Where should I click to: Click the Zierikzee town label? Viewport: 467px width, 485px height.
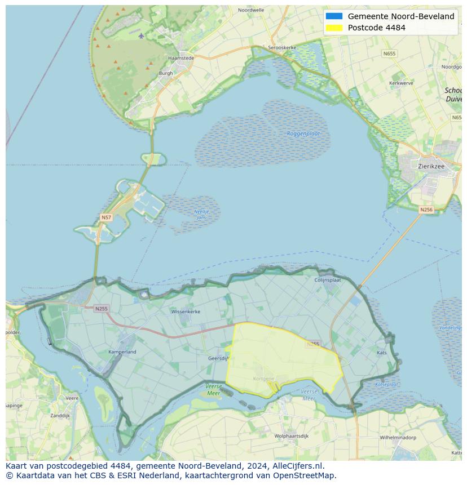pyautogui.click(x=431, y=166)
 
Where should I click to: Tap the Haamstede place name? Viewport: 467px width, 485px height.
pyautogui.click(x=181, y=58)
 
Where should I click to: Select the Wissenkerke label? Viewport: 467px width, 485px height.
pyautogui.click(x=186, y=311)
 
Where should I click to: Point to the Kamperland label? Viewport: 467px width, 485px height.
pyautogui.click(x=122, y=352)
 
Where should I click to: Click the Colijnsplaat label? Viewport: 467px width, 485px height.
pyautogui.click(x=328, y=279)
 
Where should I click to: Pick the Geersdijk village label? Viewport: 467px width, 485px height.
pyautogui.click(x=218, y=358)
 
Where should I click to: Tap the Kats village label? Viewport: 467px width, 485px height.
pyautogui.click(x=382, y=353)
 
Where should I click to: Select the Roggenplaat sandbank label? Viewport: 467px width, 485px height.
pyautogui.click(x=303, y=134)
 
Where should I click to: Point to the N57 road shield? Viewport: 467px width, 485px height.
pyautogui.click(x=106, y=217)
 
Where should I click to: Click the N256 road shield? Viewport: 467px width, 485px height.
pyautogui.click(x=426, y=210)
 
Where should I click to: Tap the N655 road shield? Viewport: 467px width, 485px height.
pyautogui.click(x=389, y=54)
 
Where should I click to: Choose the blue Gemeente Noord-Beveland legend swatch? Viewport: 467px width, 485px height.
pyautogui.click(x=334, y=16)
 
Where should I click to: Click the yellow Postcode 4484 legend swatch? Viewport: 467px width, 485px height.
pyautogui.click(x=334, y=28)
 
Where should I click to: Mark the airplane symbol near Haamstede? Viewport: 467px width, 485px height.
pyautogui.click(x=141, y=35)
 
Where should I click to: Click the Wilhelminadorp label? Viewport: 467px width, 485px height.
pyautogui.click(x=398, y=437)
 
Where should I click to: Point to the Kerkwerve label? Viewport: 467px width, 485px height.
pyautogui.click(x=401, y=83)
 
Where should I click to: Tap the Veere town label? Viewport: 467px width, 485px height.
pyautogui.click(x=72, y=398)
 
